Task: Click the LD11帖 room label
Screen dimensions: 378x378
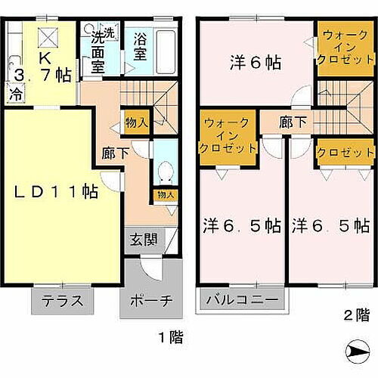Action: [57, 193]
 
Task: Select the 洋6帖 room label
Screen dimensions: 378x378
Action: [256, 64]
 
